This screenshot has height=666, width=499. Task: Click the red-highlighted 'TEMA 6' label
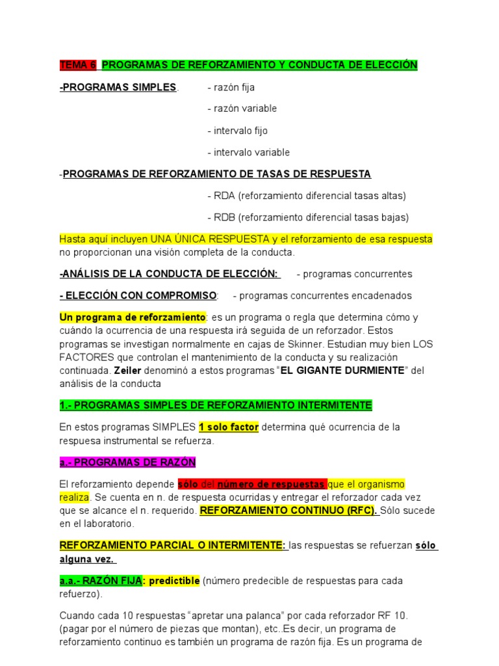(77, 65)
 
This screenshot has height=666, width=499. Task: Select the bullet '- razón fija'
(231, 87)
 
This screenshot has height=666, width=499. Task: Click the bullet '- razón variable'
(242, 109)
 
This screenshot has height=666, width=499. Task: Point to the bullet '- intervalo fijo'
(237, 131)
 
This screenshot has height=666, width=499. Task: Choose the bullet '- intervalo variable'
(248, 152)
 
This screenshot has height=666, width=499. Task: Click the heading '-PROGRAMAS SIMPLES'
(118, 87)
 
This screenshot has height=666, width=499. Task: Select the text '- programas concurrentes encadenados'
(322, 295)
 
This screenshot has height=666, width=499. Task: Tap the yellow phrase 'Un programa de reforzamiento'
(132, 317)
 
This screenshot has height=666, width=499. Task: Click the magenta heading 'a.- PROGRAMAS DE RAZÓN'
(127, 462)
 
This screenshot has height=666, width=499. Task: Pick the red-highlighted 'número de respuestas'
(271, 485)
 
